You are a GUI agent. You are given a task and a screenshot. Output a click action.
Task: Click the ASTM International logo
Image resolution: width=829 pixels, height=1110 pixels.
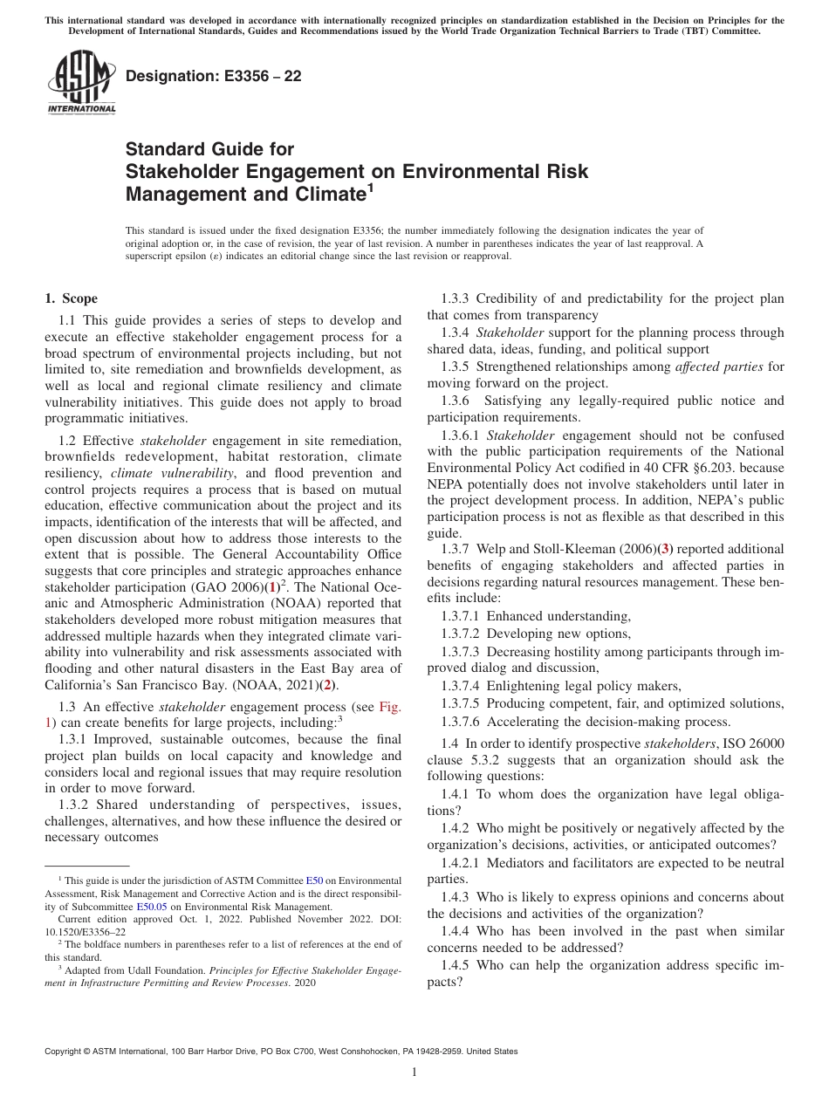(80, 83)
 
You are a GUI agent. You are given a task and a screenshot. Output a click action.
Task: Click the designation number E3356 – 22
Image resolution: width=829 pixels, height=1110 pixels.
(214, 76)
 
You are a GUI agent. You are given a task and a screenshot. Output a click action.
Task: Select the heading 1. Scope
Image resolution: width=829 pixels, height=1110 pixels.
(72, 298)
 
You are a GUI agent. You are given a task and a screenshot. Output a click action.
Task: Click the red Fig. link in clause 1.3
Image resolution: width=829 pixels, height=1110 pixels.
(389, 708)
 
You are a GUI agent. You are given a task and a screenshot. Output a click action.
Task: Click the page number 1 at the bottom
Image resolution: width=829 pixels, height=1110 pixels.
(414, 1072)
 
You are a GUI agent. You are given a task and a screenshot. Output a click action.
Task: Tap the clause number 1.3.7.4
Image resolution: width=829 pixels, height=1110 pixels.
(462, 686)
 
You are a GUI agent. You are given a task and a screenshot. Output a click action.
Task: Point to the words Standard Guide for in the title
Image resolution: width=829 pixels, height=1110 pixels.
(210, 150)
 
